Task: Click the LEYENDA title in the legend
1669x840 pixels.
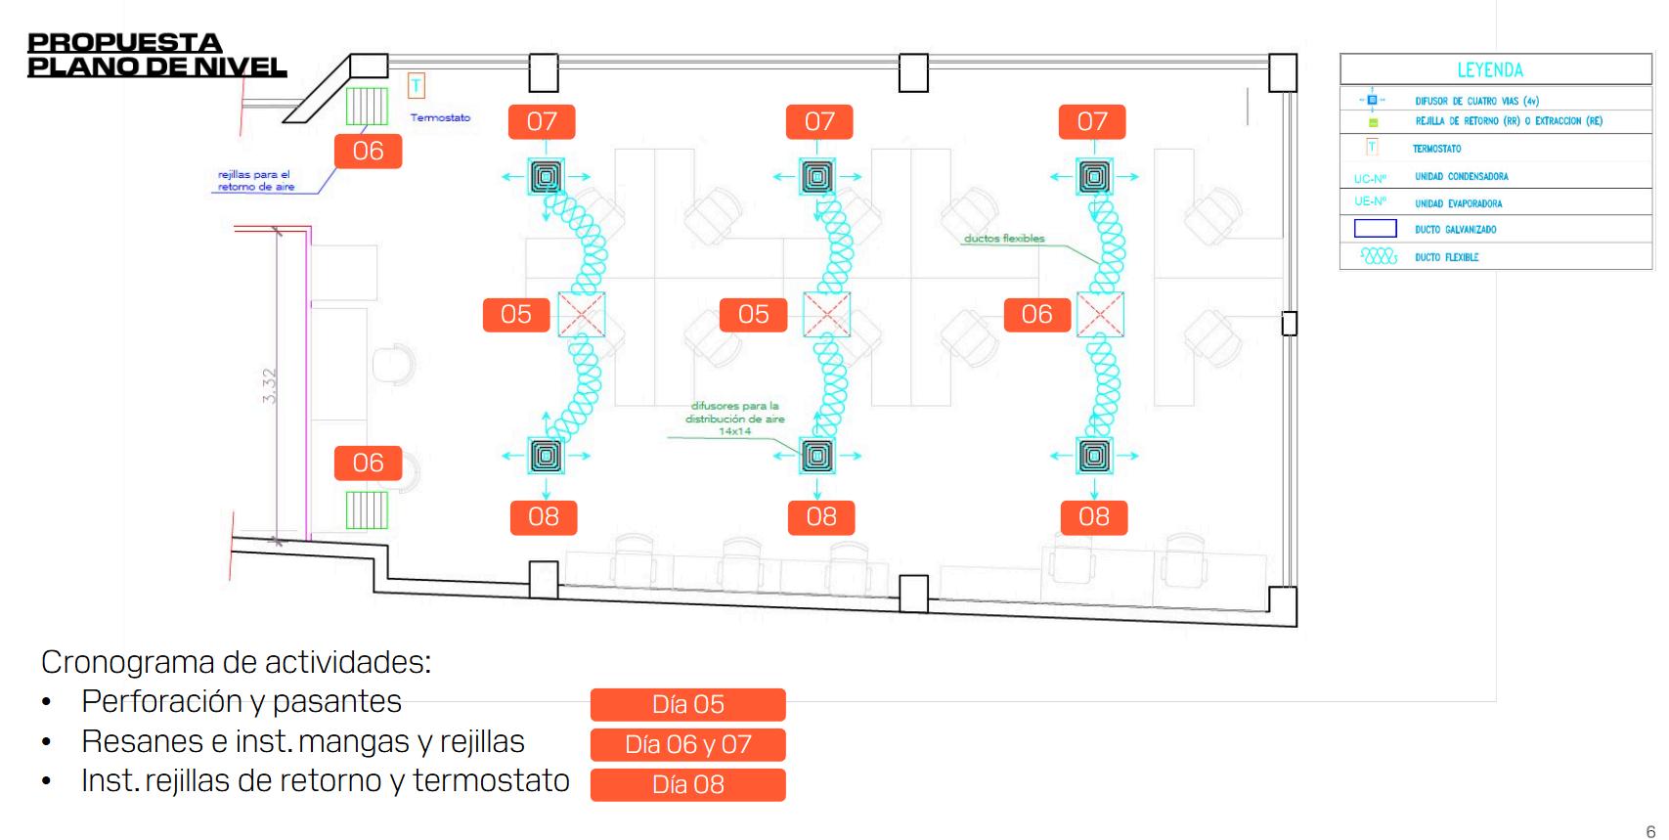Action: coord(1489,70)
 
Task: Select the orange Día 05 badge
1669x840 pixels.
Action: coord(687,704)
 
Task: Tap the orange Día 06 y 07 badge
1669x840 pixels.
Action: coord(687,744)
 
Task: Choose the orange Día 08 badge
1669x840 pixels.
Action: coord(687,784)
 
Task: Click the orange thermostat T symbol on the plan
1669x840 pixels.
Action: coord(417,86)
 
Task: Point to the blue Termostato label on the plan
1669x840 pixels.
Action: coord(440,117)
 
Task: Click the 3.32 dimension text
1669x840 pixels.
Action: coord(270,385)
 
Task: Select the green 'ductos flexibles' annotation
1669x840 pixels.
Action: coord(1004,239)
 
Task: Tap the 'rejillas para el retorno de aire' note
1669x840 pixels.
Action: coord(254,181)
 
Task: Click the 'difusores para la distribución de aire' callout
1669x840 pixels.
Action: coord(735,418)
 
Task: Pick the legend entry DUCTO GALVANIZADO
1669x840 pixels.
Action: coord(1455,230)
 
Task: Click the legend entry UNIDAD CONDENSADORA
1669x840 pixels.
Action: coord(1461,177)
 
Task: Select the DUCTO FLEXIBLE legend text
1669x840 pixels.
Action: coord(1446,257)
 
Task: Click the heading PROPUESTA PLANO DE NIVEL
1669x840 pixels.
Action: coord(156,55)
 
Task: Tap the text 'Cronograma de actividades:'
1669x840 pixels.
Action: coord(236,662)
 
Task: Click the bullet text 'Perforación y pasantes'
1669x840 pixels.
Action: coord(242,701)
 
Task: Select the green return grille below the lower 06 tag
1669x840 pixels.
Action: coord(368,510)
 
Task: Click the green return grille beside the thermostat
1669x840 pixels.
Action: coord(368,106)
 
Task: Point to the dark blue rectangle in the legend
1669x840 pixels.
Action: coord(1375,230)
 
